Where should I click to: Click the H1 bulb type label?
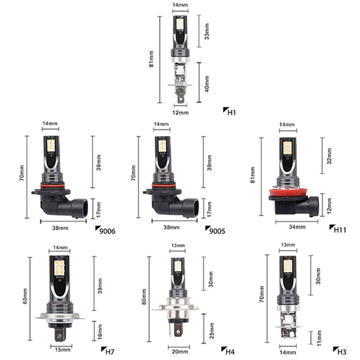pos(232,112)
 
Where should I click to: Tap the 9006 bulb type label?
pos(107,231)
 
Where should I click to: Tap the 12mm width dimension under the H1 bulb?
pos(180,112)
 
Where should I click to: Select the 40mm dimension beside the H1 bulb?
pos(207,83)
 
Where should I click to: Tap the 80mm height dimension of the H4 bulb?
pos(144,299)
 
